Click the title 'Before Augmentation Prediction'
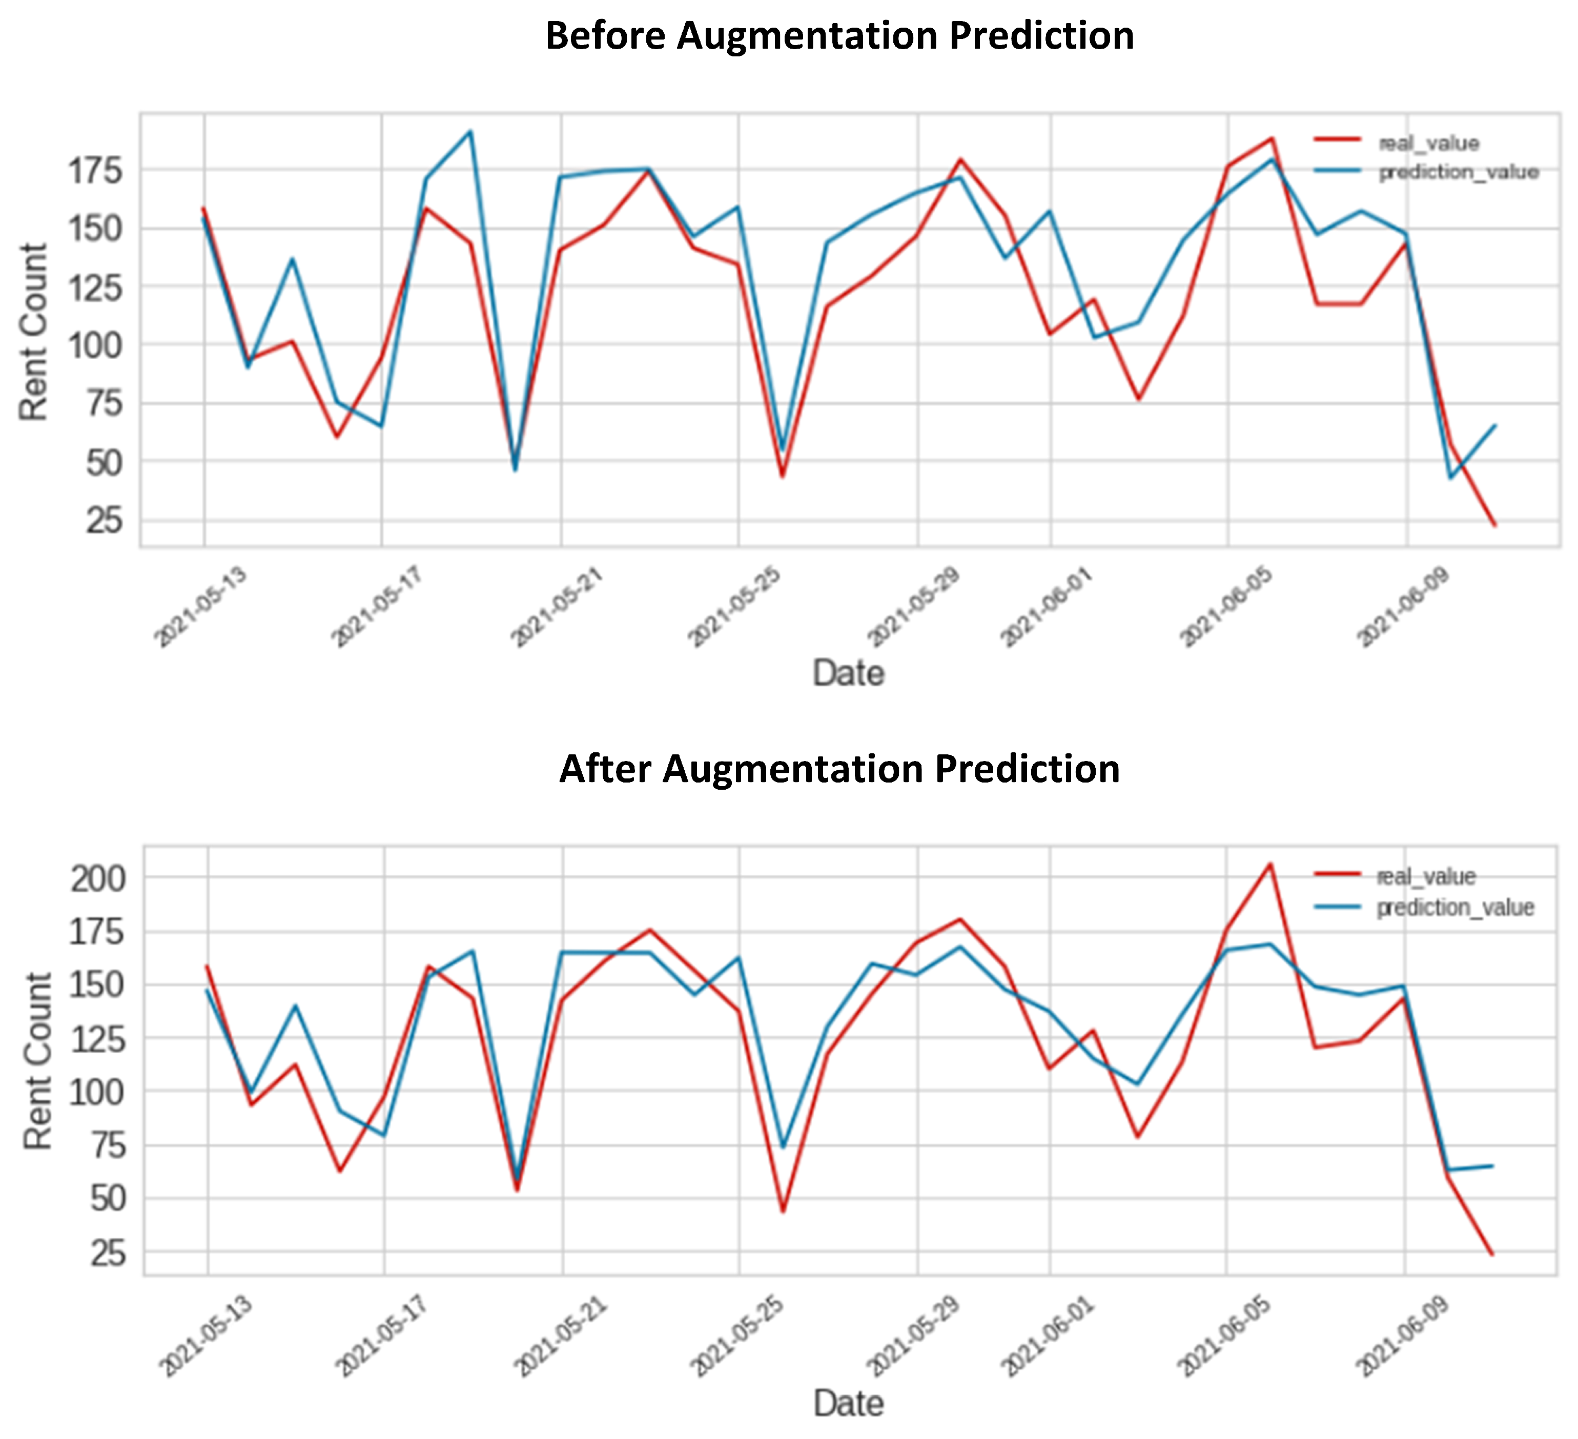point(839,36)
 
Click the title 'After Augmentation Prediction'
point(839,769)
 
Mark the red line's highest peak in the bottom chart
point(1270,864)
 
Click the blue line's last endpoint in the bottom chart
point(1493,1166)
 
